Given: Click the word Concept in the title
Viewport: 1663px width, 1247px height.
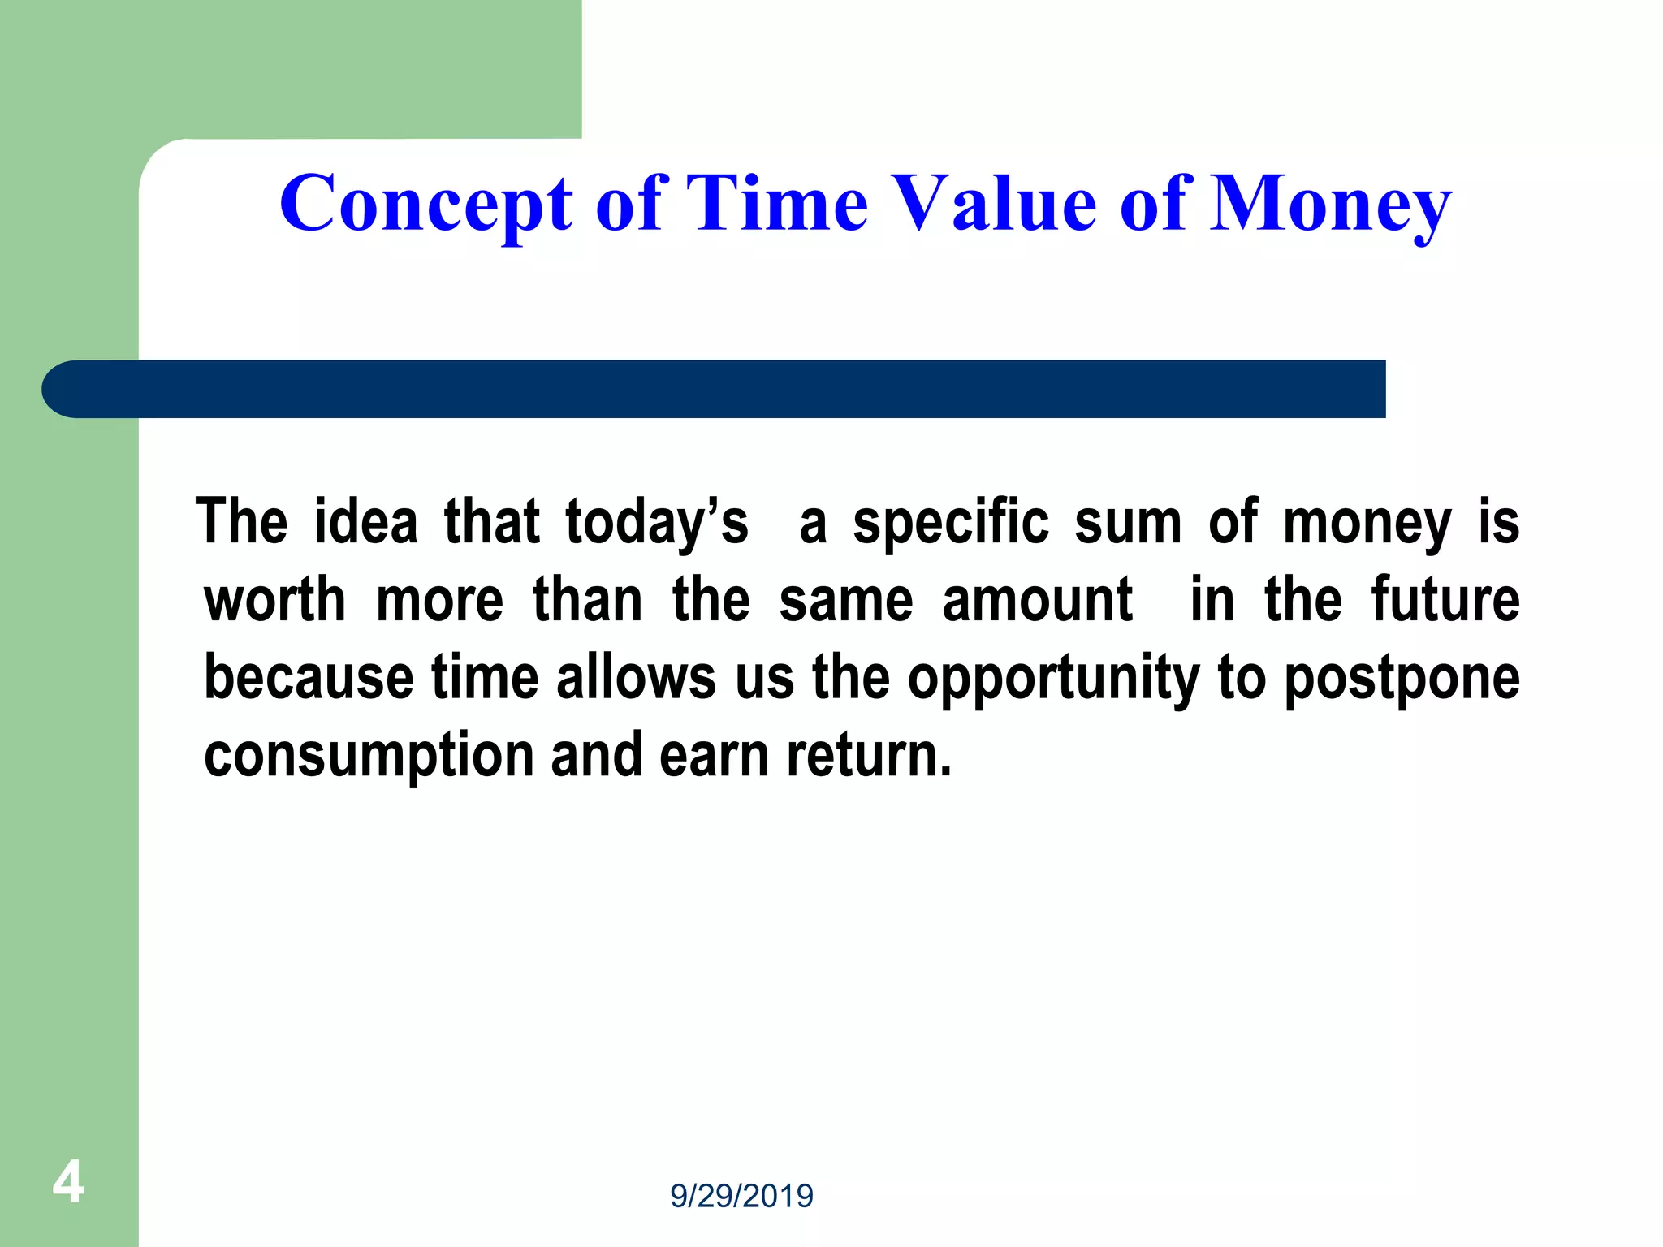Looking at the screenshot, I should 425,205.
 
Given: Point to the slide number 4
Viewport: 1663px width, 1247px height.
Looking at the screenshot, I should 68,1182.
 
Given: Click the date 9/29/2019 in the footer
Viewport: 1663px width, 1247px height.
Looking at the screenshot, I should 741,1196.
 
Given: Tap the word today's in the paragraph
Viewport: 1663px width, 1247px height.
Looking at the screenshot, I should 656,522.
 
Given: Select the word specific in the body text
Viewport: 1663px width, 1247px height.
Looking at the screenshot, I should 951,522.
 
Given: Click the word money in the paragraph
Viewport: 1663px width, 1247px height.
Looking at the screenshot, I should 1367,522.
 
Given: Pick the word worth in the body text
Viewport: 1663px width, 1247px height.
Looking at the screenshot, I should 274,600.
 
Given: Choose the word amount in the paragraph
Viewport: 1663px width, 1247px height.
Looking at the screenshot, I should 1037,600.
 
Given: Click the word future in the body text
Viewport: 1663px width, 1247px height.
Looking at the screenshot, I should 1445,600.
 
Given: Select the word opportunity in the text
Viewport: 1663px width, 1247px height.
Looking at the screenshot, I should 1052,679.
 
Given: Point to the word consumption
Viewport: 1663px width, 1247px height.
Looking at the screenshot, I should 368,756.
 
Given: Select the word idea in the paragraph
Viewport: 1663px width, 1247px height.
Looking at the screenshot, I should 365,522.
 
